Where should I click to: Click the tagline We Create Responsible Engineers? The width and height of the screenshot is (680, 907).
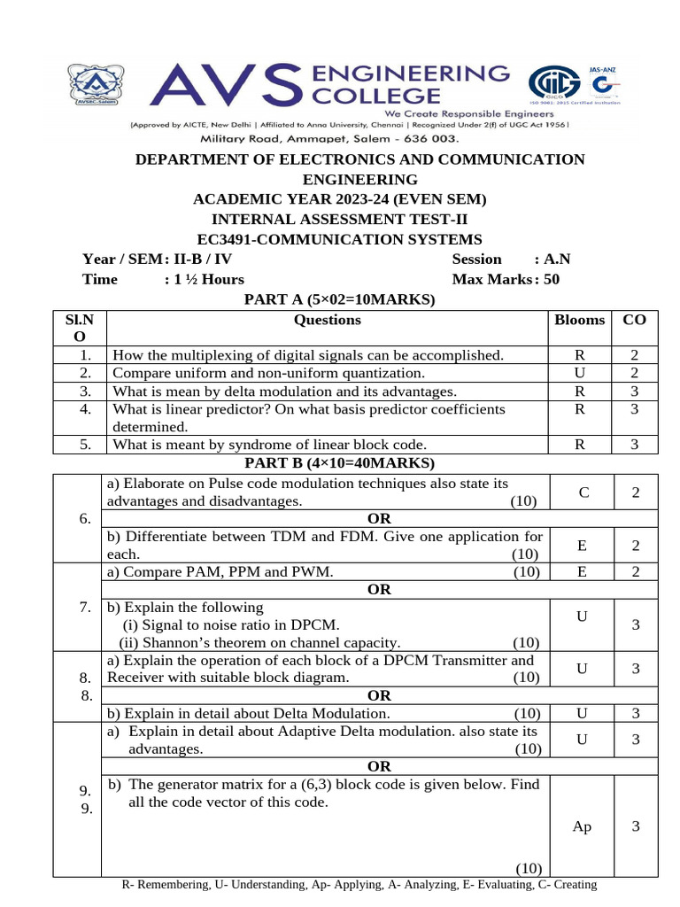[x=467, y=114]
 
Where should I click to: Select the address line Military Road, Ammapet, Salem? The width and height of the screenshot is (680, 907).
[x=329, y=139]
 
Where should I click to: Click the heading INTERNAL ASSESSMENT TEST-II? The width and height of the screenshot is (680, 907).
[x=340, y=219]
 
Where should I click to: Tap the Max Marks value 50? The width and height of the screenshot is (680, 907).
[x=552, y=279]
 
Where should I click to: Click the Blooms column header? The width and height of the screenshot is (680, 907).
[x=579, y=320]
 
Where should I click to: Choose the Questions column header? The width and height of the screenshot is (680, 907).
[x=327, y=320]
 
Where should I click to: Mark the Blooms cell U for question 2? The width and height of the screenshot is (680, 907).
[x=579, y=373]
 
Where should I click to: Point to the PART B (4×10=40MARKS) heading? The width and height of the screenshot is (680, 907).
[x=340, y=463]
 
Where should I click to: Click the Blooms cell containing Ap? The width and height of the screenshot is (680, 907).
[x=582, y=826]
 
